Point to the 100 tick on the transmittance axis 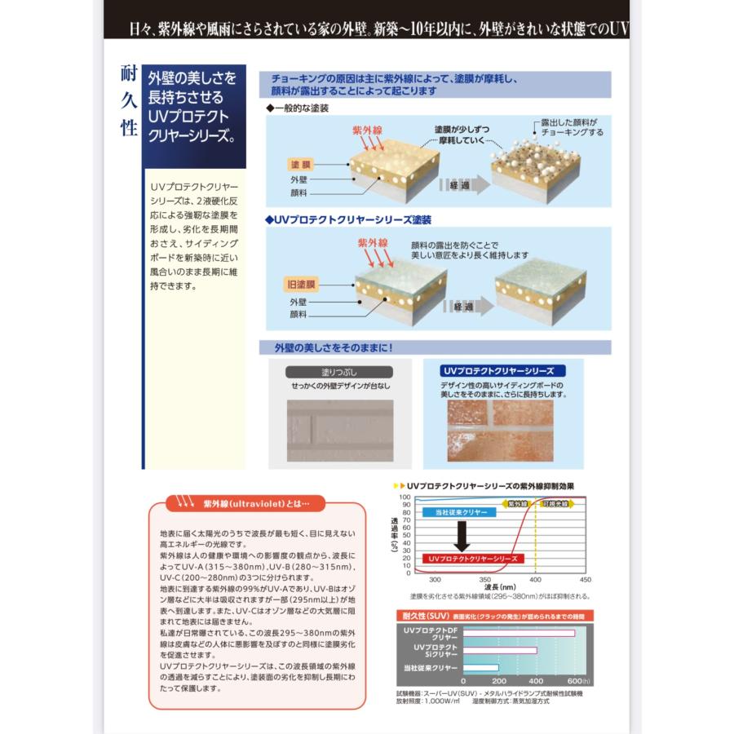[405, 497]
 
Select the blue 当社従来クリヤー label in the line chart [456, 511]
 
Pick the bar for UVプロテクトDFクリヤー [519, 633]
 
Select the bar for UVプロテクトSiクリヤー [500, 650]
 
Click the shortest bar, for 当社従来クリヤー [481, 668]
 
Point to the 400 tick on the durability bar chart [536, 680]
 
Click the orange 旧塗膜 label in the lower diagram [300, 285]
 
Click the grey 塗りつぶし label [339, 372]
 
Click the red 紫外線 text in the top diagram [368, 130]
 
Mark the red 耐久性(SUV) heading [422, 616]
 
